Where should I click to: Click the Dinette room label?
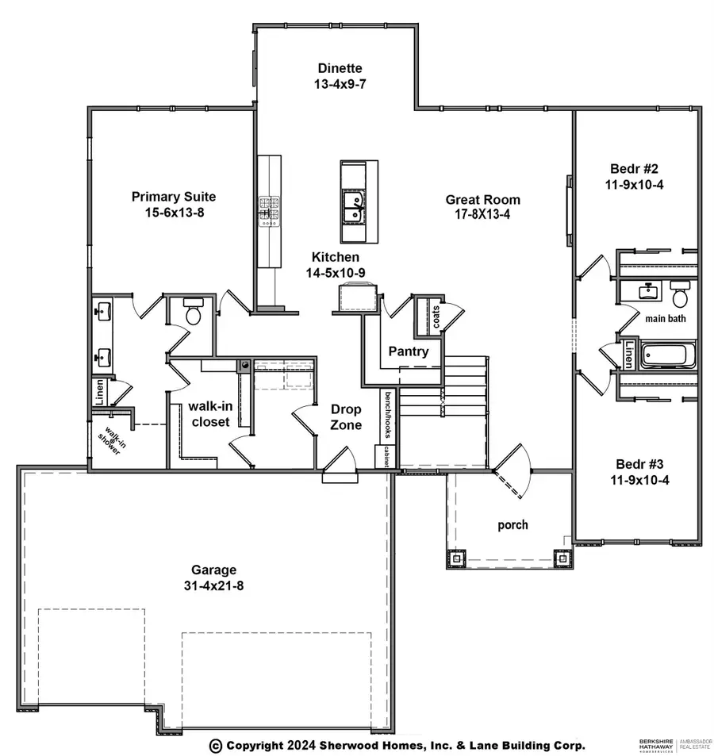[x=340, y=68]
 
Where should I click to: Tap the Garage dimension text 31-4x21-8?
[x=213, y=585]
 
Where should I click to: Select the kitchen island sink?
[x=353, y=209]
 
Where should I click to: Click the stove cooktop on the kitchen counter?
[x=269, y=211]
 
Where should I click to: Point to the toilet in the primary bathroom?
[x=194, y=311]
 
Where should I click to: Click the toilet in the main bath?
[x=680, y=295]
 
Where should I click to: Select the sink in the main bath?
[x=647, y=291]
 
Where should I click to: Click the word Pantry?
[x=409, y=351]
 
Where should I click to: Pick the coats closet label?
[x=436, y=317]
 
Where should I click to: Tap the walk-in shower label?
[x=112, y=440]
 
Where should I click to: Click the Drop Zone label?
[x=346, y=417]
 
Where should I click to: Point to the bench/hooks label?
[x=388, y=415]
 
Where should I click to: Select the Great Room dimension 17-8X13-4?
[x=482, y=214]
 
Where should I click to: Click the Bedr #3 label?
[x=639, y=464]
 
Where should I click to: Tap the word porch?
[x=512, y=525]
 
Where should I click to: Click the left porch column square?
[x=456, y=558]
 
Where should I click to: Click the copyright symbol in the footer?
[x=216, y=746]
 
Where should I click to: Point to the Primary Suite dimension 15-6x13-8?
[x=175, y=213]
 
